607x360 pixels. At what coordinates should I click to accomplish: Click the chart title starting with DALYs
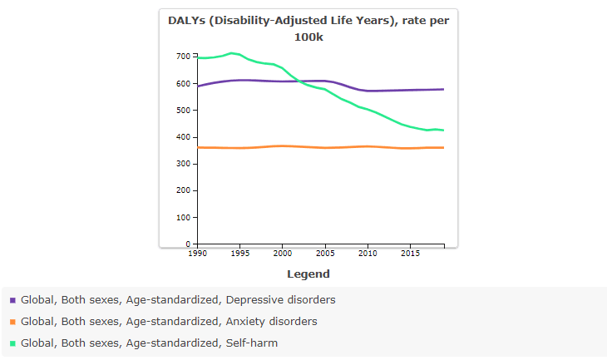click(308, 28)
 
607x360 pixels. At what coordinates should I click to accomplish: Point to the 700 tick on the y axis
click(182, 57)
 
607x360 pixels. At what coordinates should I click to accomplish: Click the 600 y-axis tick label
click(182, 83)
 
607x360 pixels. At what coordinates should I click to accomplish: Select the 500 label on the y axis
click(182, 111)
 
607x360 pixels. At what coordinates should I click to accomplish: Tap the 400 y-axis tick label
click(182, 137)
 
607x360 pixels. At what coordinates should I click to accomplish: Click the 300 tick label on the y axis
click(182, 164)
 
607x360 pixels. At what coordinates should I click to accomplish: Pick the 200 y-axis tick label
click(182, 190)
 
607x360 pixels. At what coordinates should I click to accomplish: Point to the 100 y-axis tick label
click(182, 217)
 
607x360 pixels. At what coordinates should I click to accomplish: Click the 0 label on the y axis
click(188, 244)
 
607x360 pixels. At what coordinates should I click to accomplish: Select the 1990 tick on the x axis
click(198, 252)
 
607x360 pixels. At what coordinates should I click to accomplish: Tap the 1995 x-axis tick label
click(239, 252)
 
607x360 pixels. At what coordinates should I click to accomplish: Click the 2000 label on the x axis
click(282, 252)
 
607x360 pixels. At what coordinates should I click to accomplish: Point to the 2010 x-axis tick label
click(367, 252)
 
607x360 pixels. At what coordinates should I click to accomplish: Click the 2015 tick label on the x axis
click(409, 252)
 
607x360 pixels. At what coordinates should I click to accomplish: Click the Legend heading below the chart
click(308, 274)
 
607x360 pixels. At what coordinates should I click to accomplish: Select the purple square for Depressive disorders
click(12, 300)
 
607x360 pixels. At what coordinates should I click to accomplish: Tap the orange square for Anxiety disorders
click(12, 322)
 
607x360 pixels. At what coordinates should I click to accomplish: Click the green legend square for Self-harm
click(12, 343)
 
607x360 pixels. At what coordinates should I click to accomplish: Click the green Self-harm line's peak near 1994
click(232, 53)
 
